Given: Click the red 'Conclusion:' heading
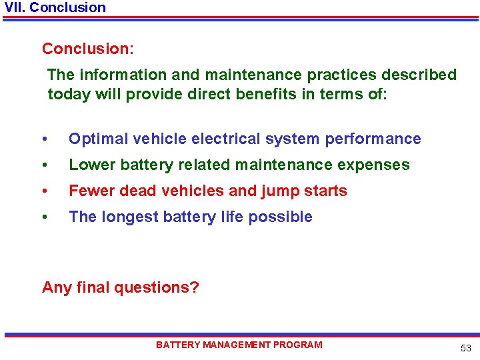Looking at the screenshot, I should click(87, 49).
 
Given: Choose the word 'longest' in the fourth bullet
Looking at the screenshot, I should click(129, 217).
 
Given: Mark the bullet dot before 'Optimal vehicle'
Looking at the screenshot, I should click(44, 139).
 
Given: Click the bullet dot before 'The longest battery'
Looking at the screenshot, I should click(44, 217).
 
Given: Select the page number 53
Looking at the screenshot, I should click(465, 348).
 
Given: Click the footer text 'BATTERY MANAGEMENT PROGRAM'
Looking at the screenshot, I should click(239, 345).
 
